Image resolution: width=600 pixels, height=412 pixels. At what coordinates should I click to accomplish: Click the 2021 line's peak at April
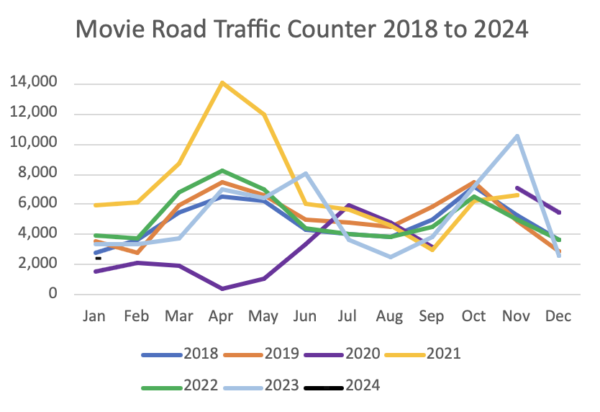click(x=223, y=83)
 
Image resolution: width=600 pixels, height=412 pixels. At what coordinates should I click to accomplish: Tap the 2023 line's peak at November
click(x=516, y=135)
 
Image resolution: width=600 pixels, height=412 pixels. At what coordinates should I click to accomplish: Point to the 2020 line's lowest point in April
click(x=223, y=289)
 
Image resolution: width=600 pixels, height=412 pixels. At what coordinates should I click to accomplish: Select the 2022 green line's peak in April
click(x=223, y=171)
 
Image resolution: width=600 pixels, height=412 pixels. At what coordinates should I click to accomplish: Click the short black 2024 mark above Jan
click(x=98, y=258)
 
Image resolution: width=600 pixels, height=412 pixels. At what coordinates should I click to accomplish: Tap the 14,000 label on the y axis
click(x=35, y=84)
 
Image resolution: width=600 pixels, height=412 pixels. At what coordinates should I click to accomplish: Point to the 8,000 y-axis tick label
click(x=38, y=174)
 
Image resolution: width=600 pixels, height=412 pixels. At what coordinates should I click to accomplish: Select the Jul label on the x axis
click(x=347, y=318)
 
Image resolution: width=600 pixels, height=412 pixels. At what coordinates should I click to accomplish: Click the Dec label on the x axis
click(x=558, y=318)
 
